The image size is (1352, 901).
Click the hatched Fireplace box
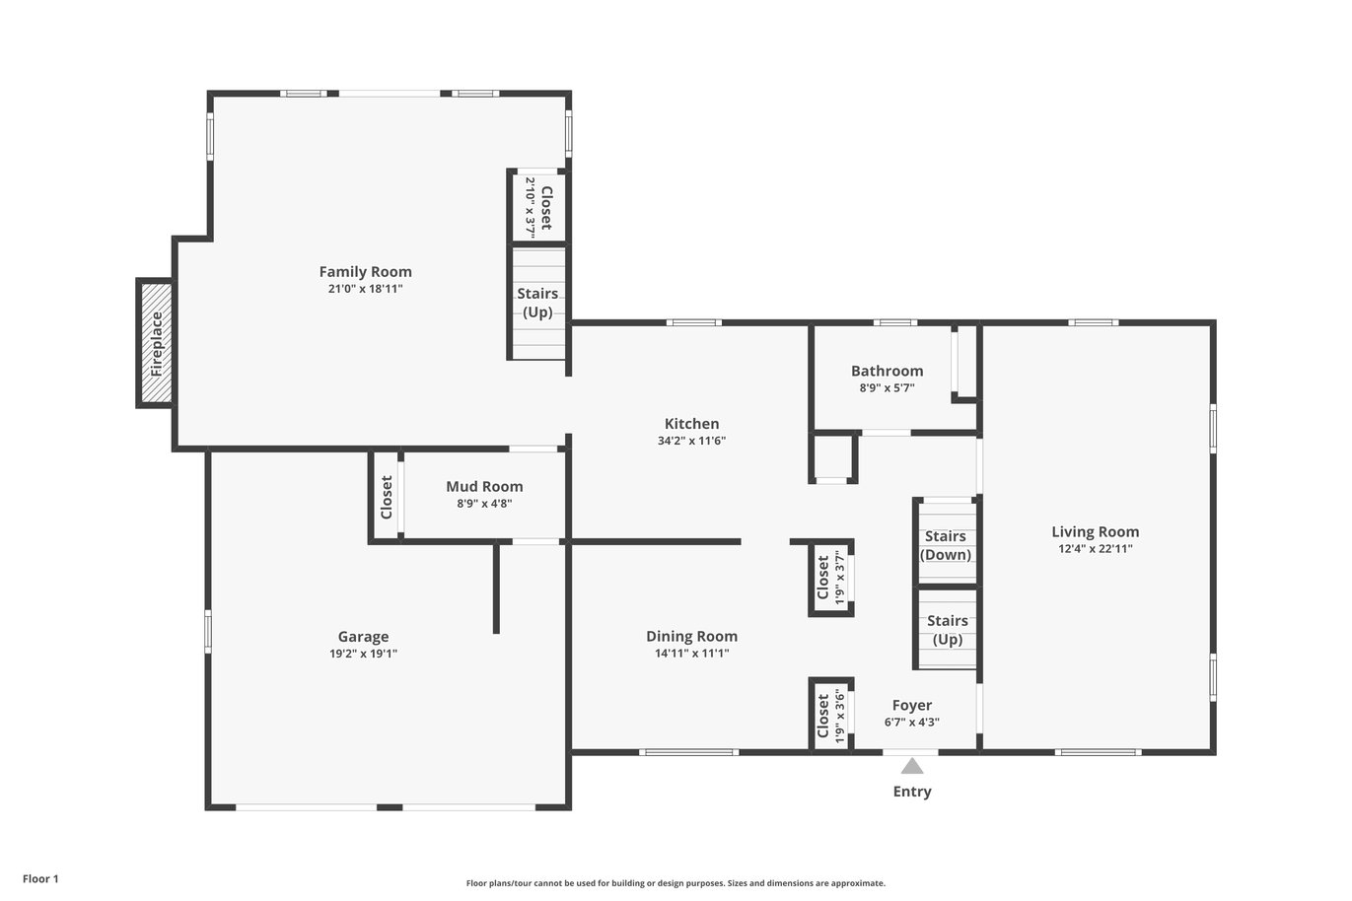157,343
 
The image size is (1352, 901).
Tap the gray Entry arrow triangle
912,766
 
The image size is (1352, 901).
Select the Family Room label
365,271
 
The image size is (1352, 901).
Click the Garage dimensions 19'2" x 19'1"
363,653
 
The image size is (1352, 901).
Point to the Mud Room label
484,486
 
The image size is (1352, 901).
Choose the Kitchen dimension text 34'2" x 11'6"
691,441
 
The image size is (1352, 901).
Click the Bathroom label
888,371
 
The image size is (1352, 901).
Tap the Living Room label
1096,531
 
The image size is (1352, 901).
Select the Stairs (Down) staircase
947,542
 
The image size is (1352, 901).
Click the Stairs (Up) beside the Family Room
538,304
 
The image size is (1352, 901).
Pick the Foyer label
912,705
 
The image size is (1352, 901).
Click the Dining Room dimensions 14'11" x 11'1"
691,653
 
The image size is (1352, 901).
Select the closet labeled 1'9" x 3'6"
830,716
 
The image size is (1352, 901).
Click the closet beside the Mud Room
386,497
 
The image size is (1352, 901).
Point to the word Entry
912,792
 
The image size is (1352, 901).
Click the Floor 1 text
40,878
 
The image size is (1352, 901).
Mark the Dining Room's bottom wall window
688,752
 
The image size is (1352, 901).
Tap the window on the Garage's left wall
208,631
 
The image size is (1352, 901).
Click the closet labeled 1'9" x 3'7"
830,578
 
